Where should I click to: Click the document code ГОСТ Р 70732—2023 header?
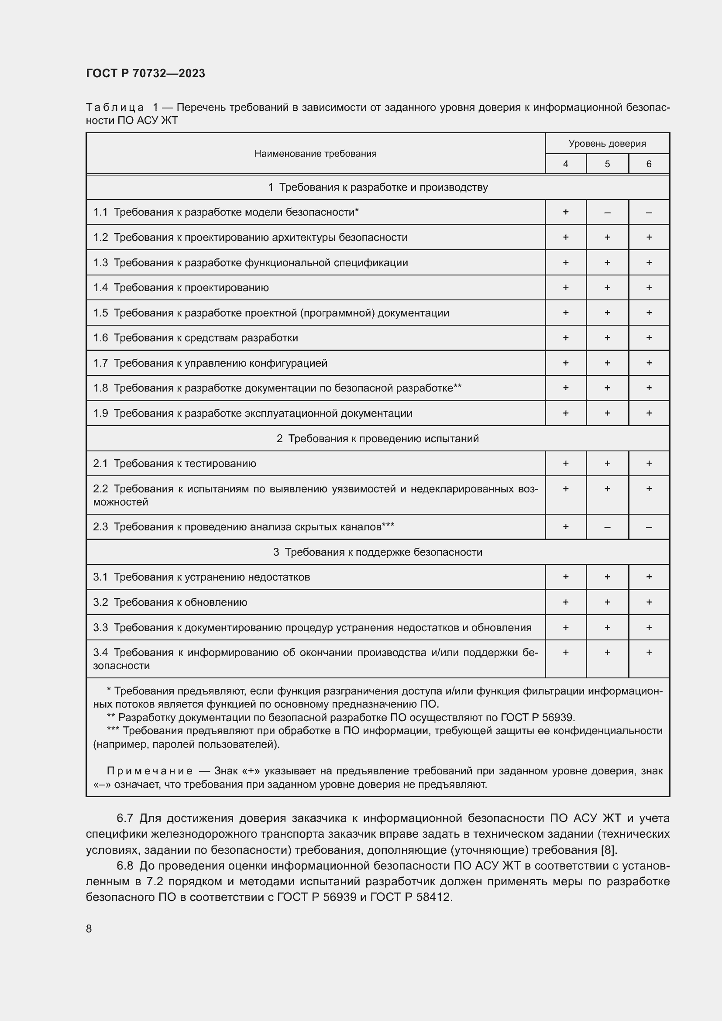(x=145, y=73)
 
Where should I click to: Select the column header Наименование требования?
(x=315, y=153)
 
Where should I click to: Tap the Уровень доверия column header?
(x=607, y=143)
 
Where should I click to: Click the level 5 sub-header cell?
(x=607, y=164)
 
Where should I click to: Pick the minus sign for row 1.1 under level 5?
(x=607, y=213)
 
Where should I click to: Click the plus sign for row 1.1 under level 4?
(x=565, y=212)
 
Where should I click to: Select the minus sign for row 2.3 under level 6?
(x=649, y=527)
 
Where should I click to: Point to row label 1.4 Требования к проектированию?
(x=181, y=288)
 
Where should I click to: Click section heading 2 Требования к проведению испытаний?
(x=378, y=438)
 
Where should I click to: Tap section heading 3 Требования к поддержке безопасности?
(x=378, y=552)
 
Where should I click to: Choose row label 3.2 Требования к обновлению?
(x=170, y=602)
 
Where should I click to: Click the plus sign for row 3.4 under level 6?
(x=649, y=652)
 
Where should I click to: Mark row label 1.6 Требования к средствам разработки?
(x=196, y=338)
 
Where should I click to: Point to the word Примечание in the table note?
(x=150, y=770)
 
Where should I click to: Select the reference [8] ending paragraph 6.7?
(x=608, y=850)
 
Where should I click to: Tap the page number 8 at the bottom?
(x=89, y=928)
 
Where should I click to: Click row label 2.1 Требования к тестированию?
(x=174, y=464)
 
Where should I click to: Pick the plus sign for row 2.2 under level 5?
(x=607, y=489)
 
